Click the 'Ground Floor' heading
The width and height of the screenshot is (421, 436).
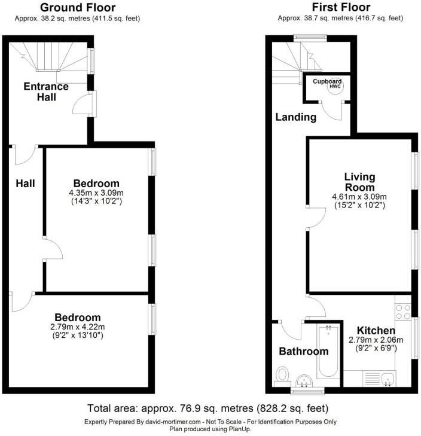point(78,8)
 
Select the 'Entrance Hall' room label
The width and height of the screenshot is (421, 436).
point(46,91)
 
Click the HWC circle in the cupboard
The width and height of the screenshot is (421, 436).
point(334,86)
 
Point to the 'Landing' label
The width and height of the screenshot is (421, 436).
point(295,117)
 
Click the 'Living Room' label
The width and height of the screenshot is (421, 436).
point(359,182)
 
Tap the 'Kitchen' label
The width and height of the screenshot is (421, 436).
point(376,331)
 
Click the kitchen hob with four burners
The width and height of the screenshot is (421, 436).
point(402,312)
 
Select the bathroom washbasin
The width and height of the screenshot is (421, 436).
point(305,381)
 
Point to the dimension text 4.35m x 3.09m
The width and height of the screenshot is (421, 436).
point(96,193)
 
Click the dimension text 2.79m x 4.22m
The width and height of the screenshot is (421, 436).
point(78,327)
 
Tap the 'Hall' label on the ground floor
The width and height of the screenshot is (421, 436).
point(25,184)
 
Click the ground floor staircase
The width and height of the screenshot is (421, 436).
point(48,60)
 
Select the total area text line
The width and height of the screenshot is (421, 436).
point(208,409)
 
